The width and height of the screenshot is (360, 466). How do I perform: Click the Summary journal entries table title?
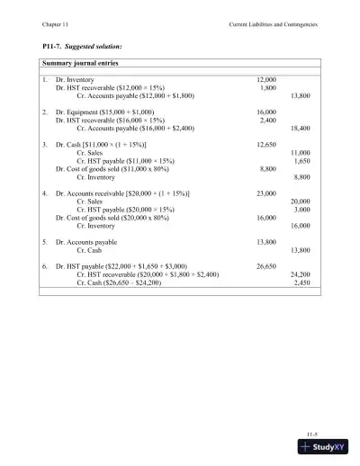point(86,63)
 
